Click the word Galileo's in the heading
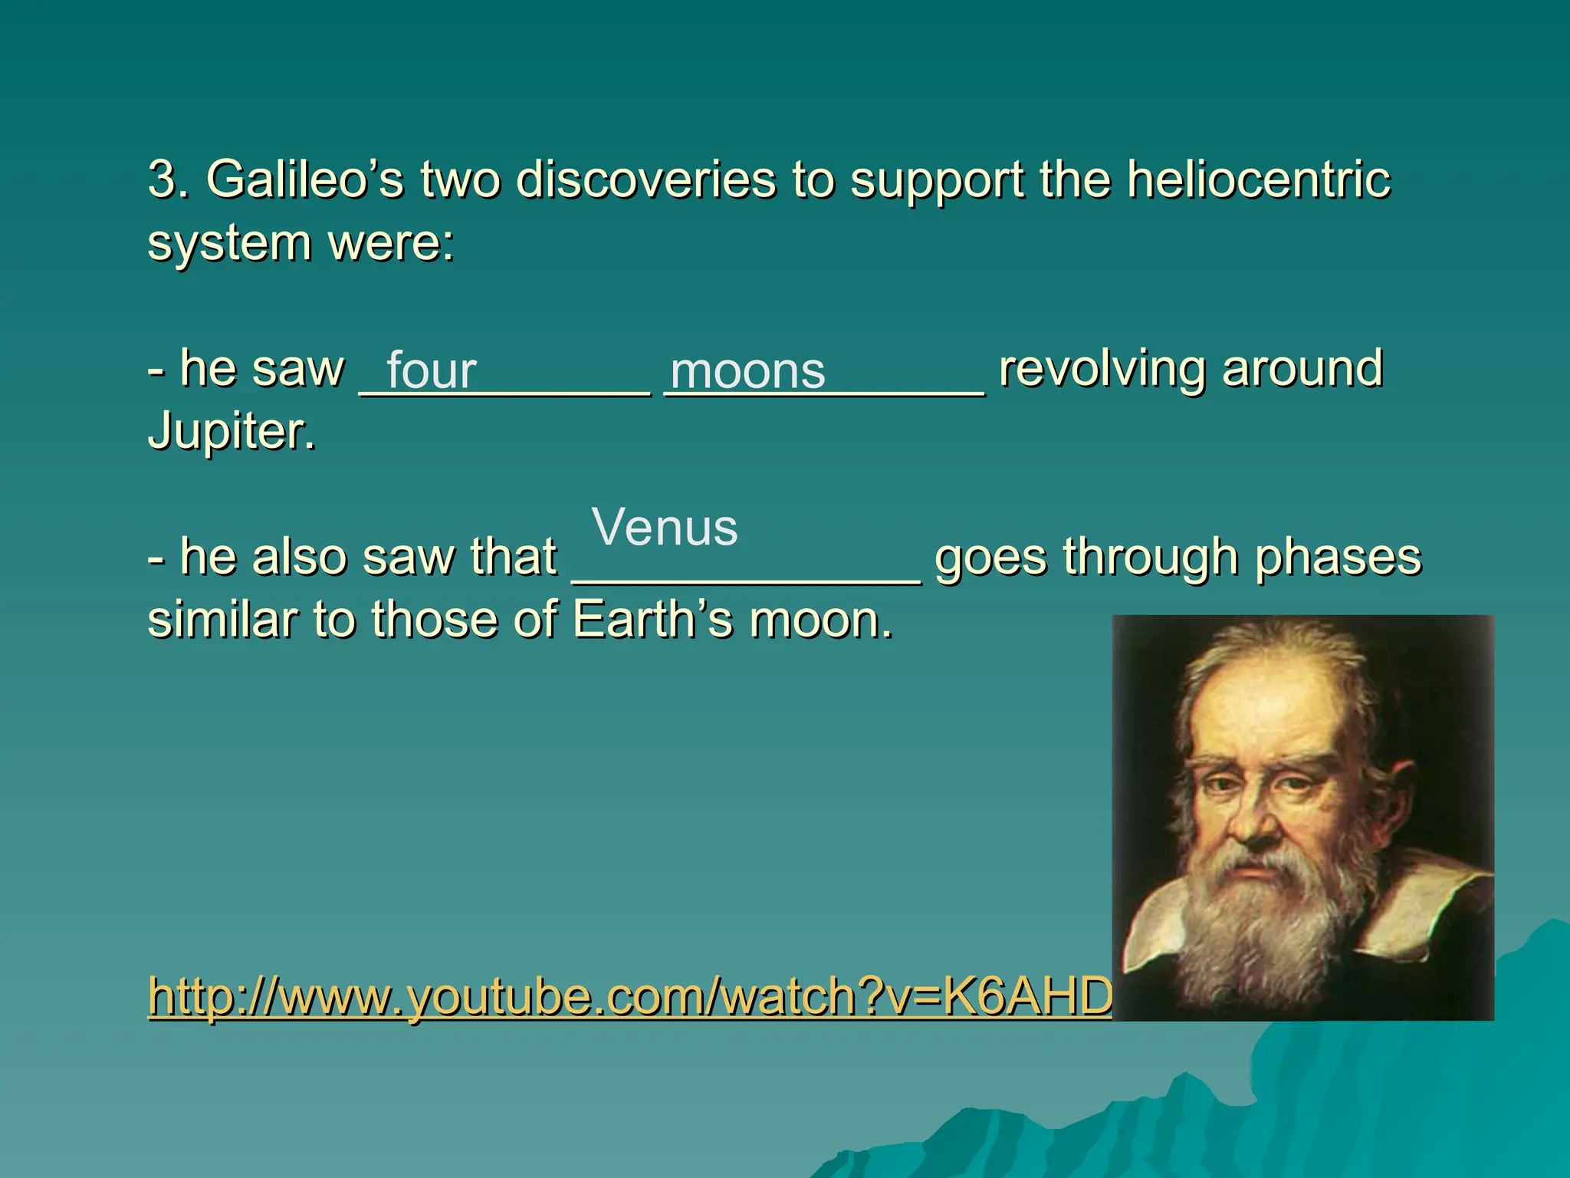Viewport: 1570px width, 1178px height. [304, 181]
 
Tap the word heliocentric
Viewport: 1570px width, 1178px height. [1258, 181]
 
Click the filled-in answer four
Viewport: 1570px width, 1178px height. [431, 371]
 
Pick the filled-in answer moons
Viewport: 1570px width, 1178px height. [747, 371]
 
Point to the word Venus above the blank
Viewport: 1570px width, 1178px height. [665, 528]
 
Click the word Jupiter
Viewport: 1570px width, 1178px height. [231, 432]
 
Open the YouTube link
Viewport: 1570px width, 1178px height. [629, 997]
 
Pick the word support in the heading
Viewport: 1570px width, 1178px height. [936, 181]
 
